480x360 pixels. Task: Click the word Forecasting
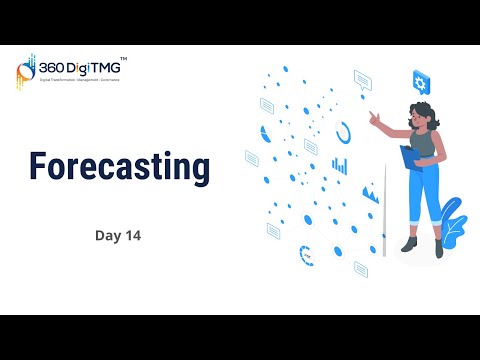click(x=118, y=166)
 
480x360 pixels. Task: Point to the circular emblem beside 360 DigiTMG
click(x=26, y=72)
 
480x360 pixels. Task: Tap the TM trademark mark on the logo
click(x=123, y=60)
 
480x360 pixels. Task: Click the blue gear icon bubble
click(x=421, y=81)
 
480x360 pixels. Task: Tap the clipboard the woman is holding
click(x=410, y=157)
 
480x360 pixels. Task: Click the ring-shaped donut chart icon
click(x=344, y=131)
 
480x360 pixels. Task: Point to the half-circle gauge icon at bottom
click(x=305, y=253)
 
